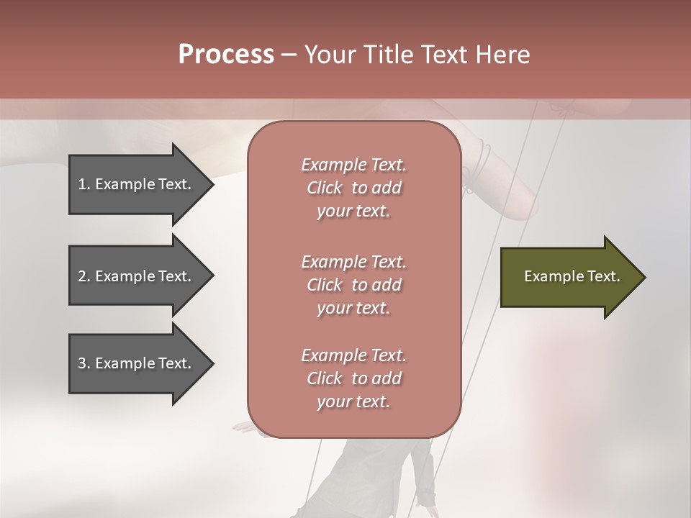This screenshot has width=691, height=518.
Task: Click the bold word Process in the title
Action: click(x=226, y=55)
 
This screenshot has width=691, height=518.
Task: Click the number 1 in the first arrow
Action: click(x=82, y=184)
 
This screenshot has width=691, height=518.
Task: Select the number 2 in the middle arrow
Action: click(x=82, y=276)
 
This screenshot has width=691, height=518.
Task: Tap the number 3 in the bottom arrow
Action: click(x=82, y=363)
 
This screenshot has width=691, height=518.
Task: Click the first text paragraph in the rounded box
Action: click(x=353, y=188)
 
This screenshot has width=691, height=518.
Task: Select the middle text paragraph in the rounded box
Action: click(x=353, y=284)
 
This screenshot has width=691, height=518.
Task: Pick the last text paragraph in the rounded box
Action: click(x=353, y=378)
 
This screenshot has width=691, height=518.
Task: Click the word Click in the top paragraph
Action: click(x=325, y=188)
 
